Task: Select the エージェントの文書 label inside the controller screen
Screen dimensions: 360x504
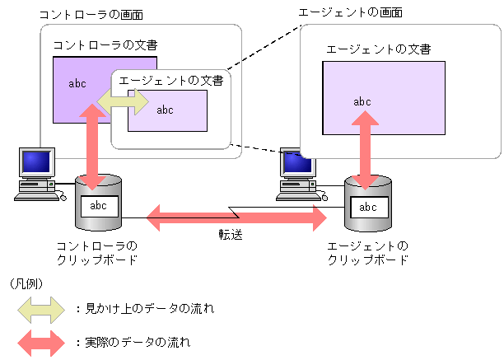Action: coord(170,81)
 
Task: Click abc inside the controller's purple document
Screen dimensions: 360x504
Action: coord(77,83)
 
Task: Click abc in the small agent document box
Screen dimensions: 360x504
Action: coord(166,110)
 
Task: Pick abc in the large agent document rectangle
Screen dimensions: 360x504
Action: coord(362,102)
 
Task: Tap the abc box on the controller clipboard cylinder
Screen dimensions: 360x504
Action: coord(98,206)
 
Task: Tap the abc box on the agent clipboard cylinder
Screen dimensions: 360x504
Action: coord(368,207)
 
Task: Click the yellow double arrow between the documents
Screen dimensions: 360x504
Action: coord(123,102)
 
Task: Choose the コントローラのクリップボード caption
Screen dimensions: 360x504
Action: coord(96,253)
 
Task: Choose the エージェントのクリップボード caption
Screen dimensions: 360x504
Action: coord(367,253)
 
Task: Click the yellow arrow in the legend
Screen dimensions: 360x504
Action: coord(40,310)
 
